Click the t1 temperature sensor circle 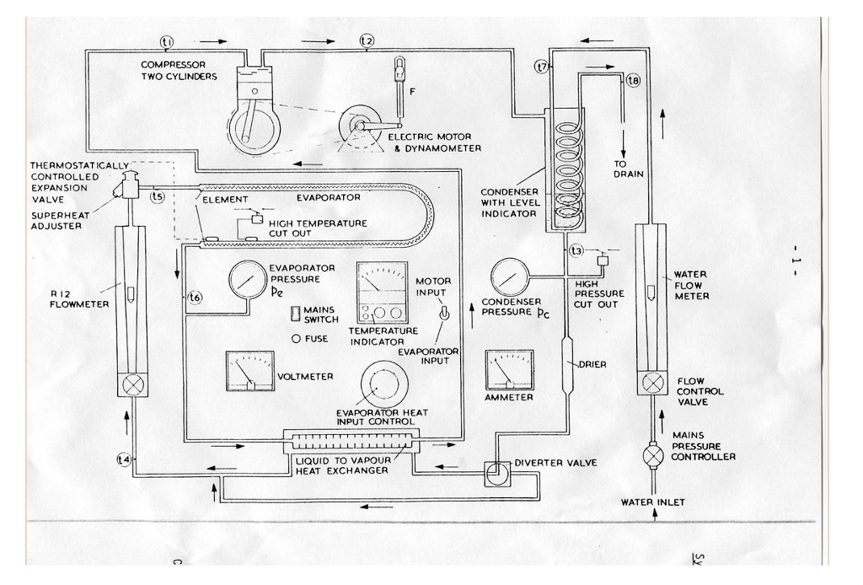tap(167, 40)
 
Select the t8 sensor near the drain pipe tap(633, 80)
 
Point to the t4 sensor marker tap(123, 459)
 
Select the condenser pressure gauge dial tap(509, 276)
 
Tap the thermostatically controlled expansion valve tap(131, 185)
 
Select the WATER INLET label tap(652, 502)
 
